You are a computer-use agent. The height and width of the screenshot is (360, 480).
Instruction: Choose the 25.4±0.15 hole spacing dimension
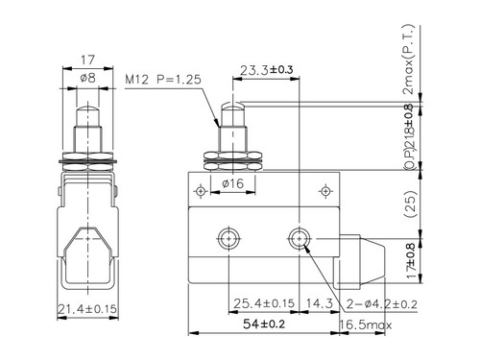point(264,305)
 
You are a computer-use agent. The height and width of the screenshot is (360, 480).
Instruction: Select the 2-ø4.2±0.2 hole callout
point(383,305)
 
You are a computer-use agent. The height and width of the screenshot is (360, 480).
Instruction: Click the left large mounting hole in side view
point(228,237)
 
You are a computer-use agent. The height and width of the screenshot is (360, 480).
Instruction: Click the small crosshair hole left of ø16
point(199,190)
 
